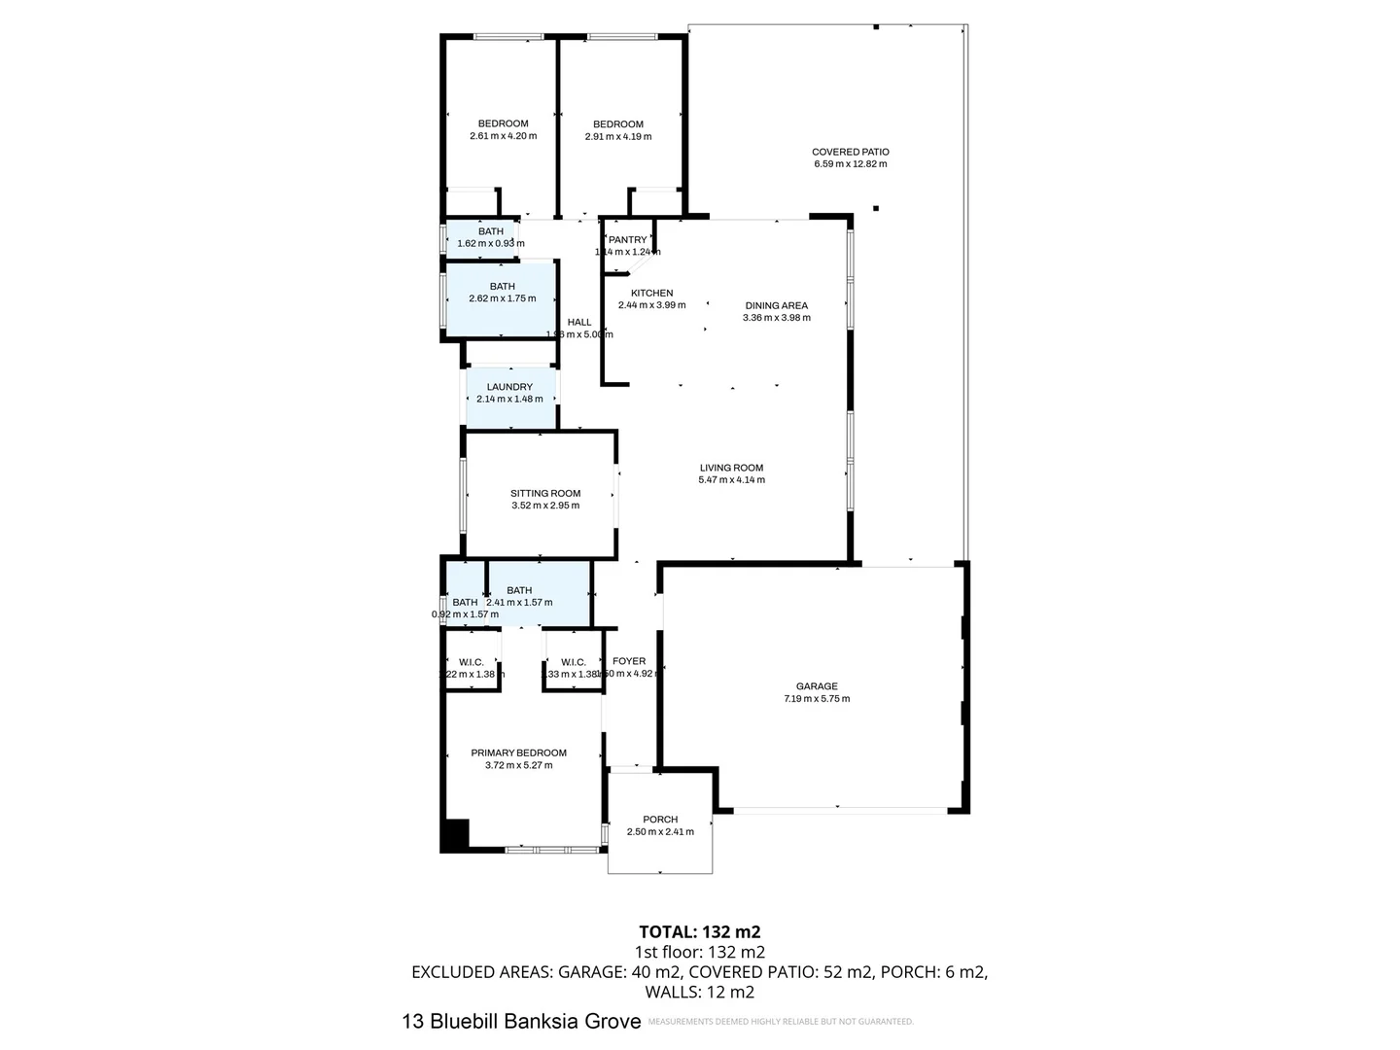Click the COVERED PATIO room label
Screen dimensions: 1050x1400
point(850,152)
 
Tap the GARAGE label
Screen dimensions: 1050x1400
point(817,686)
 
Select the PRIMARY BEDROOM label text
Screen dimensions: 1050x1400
point(518,752)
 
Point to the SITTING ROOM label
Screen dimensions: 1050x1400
point(545,493)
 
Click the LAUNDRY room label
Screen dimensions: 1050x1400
point(509,387)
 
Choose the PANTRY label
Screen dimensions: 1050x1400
point(628,240)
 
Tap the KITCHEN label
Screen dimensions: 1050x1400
point(651,293)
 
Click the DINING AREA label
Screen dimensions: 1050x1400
point(776,305)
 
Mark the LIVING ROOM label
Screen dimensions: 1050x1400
point(731,468)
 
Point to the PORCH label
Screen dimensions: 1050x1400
point(660,820)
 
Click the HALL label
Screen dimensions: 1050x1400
point(579,323)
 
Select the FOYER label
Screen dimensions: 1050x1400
point(629,661)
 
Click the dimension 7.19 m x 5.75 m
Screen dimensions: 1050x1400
point(817,699)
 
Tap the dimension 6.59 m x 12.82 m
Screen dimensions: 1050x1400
point(850,164)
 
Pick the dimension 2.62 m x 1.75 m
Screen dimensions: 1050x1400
point(502,298)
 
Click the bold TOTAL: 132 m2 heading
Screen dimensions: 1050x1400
point(699,932)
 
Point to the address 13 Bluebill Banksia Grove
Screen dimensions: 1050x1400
point(521,1021)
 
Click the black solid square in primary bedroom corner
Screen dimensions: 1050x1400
point(456,834)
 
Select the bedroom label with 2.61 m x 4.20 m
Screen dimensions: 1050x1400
point(503,123)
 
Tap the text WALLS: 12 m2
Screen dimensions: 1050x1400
point(699,993)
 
